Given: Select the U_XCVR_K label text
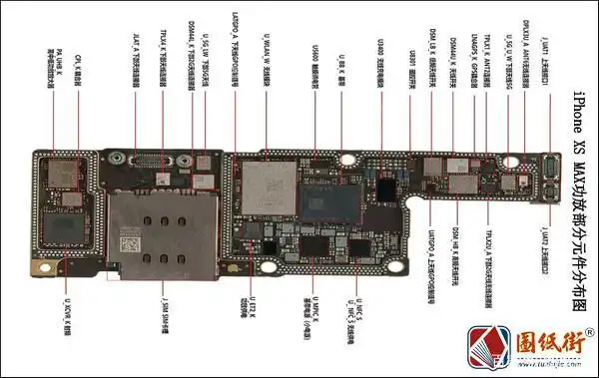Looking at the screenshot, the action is pyautogui.click(x=67, y=310).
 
